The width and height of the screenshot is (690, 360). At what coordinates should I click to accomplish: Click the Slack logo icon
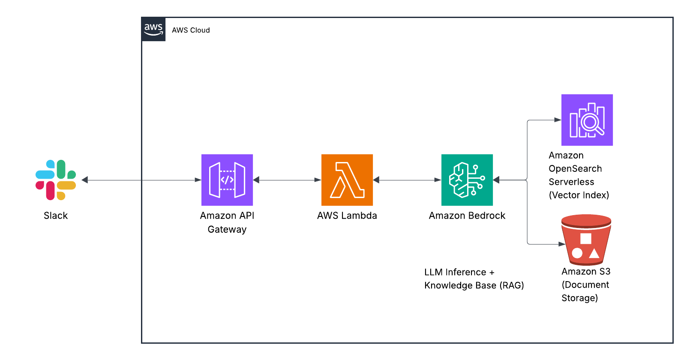(56, 180)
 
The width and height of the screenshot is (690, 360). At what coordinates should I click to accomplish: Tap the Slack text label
(56, 216)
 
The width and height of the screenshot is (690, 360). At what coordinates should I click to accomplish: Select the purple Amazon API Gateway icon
(227, 180)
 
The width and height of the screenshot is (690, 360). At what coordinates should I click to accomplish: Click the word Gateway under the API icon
(227, 229)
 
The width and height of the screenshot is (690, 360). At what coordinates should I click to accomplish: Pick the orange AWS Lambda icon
(347, 180)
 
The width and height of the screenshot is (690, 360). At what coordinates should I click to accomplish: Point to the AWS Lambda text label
(347, 216)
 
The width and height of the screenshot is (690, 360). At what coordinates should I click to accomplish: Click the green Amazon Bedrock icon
(467, 180)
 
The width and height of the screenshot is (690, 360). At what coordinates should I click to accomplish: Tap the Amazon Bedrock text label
(467, 216)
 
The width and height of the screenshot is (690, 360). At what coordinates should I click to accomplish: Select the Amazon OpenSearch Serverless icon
(587, 120)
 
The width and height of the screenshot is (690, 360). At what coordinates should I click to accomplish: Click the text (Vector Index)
(579, 195)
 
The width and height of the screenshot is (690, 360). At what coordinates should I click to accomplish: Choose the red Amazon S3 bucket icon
(586, 240)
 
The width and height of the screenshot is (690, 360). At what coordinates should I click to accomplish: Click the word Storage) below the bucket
(579, 298)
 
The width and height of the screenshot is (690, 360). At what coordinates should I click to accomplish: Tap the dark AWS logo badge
(153, 30)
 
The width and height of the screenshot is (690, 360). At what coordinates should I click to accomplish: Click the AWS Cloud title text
(191, 30)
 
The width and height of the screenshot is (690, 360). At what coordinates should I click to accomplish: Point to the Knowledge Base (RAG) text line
(474, 285)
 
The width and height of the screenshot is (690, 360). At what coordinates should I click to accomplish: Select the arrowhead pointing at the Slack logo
(85, 180)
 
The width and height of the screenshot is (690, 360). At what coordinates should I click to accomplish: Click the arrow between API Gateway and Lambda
(287, 180)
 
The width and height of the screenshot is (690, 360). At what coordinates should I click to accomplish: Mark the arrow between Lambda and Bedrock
(407, 180)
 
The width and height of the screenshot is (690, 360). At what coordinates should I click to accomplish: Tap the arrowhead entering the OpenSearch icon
(558, 120)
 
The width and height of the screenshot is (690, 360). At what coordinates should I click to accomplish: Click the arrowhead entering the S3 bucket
(561, 244)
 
